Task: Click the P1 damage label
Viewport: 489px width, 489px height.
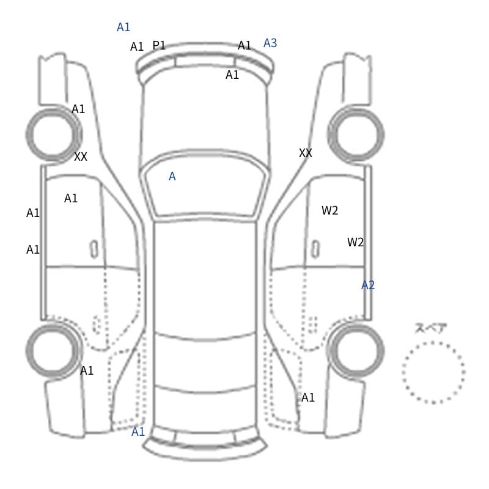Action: click(x=159, y=45)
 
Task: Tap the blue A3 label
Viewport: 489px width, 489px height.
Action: click(x=270, y=43)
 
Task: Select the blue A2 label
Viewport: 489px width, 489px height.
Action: click(x=368, y=285)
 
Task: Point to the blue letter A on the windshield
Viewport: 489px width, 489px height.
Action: click(x=172, y=177)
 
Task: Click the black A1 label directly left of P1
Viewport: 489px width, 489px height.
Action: click(x=136, y=47)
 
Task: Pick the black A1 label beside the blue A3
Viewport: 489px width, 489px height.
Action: click(x=244, y=45)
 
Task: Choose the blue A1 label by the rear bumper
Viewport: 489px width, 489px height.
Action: click(x=138, y=432)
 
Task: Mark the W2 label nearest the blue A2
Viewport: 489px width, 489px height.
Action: click(x=355, y=242)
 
